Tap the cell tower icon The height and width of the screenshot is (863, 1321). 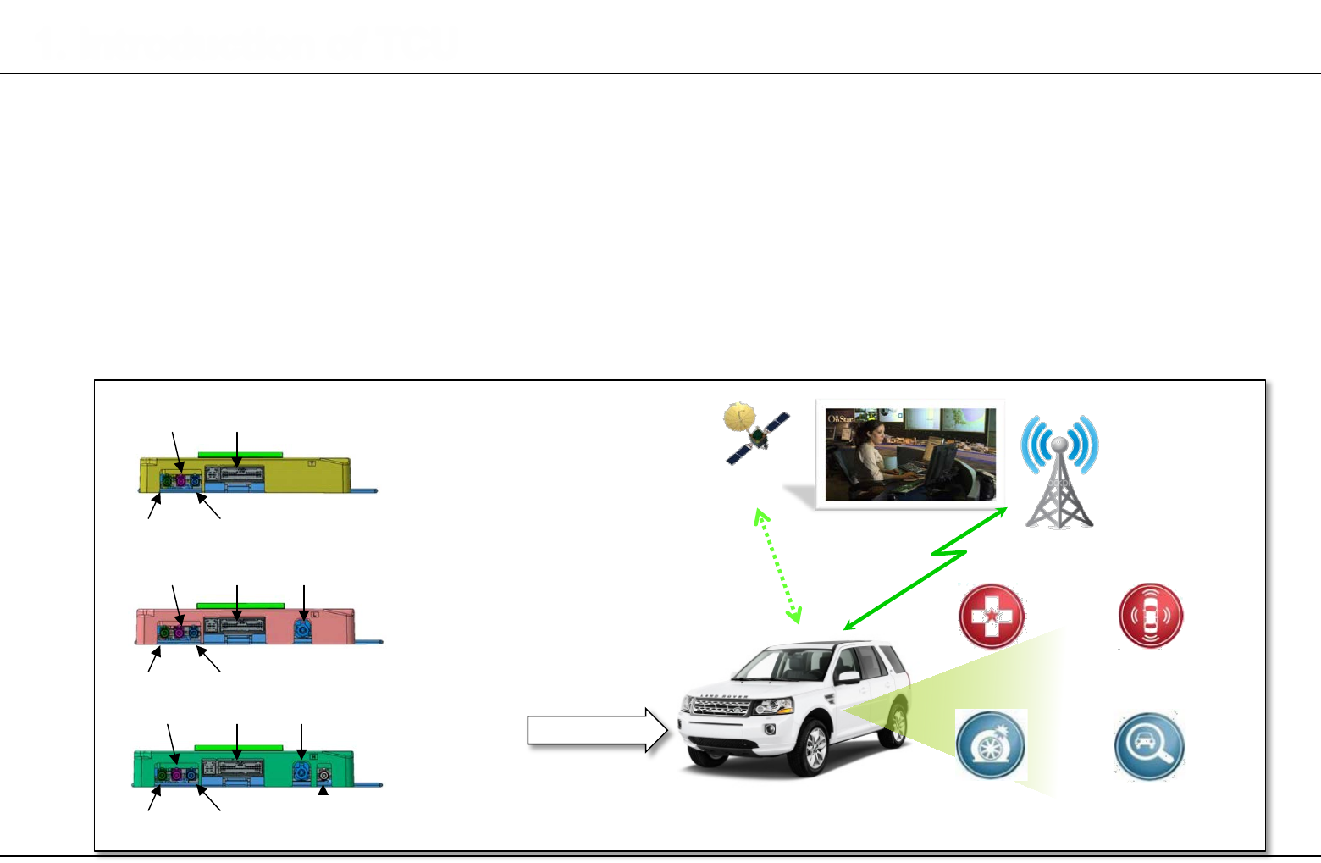(1059, 471)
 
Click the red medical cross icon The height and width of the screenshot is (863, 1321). (991, 616)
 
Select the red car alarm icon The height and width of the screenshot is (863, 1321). (1150, 616)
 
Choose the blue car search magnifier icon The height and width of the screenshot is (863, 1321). (1148, 745)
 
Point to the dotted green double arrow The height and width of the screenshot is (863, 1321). (777, 566)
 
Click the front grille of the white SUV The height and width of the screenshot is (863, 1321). (720, 706)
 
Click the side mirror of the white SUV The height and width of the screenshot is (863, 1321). (848, 678)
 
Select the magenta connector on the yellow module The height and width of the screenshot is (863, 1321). (180, 481)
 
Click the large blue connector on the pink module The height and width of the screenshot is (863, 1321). (302, 630)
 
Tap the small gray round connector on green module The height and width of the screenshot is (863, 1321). (323, 775)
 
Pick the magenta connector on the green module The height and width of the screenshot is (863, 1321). (177, 774)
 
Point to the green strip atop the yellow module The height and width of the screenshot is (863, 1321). (240, 455)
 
